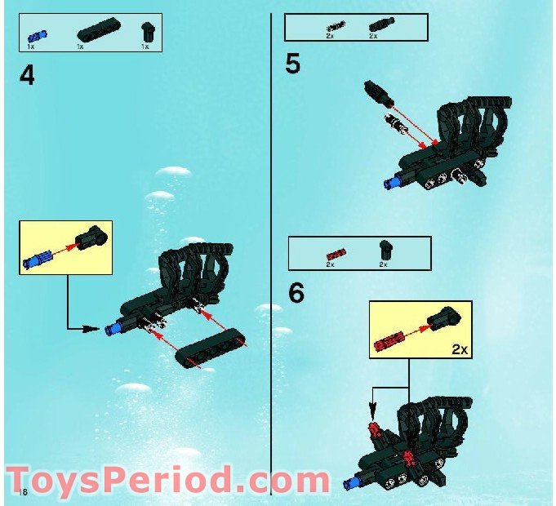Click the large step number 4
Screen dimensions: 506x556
28,76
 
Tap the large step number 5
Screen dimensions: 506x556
293,64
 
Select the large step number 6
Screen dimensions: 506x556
296,293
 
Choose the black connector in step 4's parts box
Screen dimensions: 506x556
146,32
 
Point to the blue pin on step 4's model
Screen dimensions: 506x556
113,329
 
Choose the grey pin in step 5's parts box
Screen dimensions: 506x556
334,27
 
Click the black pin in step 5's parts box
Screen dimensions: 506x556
377,26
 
